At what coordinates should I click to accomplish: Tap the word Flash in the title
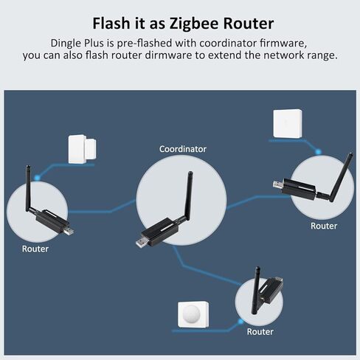(x=111, y=23)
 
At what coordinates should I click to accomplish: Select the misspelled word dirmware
(x=168, y=55)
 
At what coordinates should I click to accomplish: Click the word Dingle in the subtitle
(x=66, y=44)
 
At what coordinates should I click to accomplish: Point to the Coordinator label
(x=183, y=149)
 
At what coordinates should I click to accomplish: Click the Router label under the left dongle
(x=35, y=249)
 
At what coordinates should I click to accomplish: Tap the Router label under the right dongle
(x=324, y=226)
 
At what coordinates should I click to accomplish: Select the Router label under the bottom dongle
(x=260, y=332)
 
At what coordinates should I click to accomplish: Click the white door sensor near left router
(x=82, y=149)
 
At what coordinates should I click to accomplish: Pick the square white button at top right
(x=288, y=123)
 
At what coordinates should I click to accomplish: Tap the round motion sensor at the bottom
(x=193, y=315)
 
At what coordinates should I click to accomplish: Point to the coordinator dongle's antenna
(x=188, y=196)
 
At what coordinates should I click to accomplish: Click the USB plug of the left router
(x=69, y=231)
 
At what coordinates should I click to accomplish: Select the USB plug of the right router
(x=279, y=184)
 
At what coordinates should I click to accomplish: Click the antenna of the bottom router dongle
(x=256, y=290)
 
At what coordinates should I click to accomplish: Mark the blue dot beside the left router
(x=37, y=177)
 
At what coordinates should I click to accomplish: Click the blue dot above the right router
(x=319, y=152)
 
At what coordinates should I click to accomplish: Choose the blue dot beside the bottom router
(x=240, y=321)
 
